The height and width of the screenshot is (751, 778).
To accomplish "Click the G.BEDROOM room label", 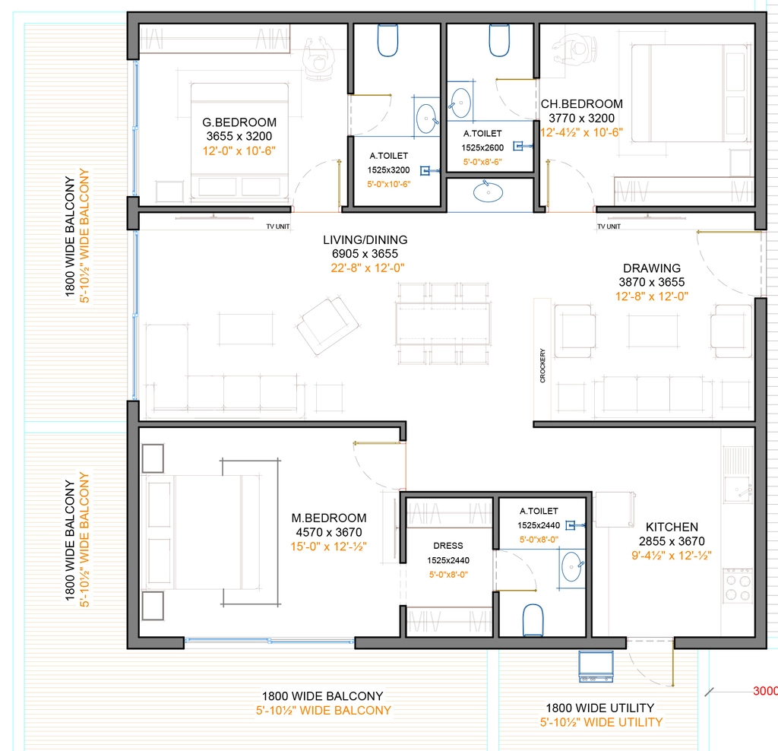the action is tap(239, 122).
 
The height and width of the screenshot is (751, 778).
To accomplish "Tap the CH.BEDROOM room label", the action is tap(581, 103).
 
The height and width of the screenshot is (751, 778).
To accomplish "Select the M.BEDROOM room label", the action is tap(329, 518).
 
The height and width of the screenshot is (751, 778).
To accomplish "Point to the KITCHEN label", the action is tap(672, 527).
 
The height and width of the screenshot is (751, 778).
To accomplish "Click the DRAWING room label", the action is tap(652, 268).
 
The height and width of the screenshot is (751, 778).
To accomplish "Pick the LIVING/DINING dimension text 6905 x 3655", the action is tap(365, 254).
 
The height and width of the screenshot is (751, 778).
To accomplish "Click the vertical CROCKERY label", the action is tap(542, 366).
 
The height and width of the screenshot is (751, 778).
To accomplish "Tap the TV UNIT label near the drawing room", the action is tap(609, 227).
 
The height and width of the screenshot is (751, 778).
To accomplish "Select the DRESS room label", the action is tap(448, 546).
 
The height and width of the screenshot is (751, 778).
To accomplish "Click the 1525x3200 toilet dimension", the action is tap(388, 170).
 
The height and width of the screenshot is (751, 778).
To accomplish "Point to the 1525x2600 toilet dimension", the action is tap(482, 147).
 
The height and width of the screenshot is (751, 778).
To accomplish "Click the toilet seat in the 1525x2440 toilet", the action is tap(533, 619).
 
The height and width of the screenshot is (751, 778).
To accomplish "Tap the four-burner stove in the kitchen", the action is tap(738, 586).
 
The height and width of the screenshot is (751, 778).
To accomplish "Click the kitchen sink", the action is tap(738, 490).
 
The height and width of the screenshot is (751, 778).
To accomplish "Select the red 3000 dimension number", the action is tap(765, 690).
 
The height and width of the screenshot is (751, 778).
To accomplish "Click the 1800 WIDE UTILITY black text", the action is tap(600, 708).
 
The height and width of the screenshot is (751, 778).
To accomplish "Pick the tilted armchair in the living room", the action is tap(327, 325).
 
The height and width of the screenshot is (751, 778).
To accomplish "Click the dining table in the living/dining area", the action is tap(443, 324).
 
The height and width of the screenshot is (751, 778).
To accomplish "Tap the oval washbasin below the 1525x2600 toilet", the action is tap(489, 192).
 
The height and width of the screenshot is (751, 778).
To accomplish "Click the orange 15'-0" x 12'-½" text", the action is tap(328, 547).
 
